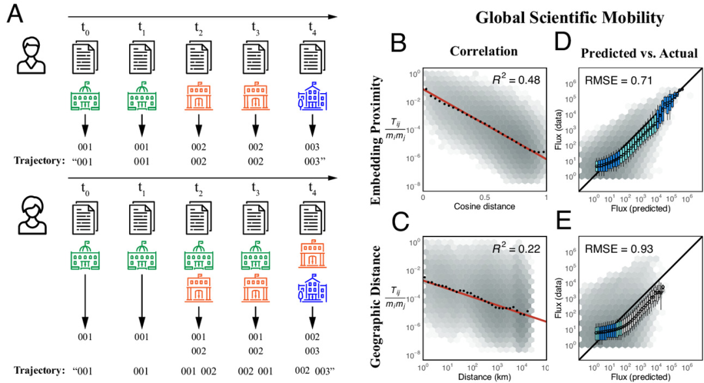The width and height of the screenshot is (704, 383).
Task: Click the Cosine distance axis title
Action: (x=485, y=207)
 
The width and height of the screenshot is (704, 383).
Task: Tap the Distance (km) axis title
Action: (x=485, y=376)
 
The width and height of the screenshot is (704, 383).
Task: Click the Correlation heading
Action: (x=484, y=51)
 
